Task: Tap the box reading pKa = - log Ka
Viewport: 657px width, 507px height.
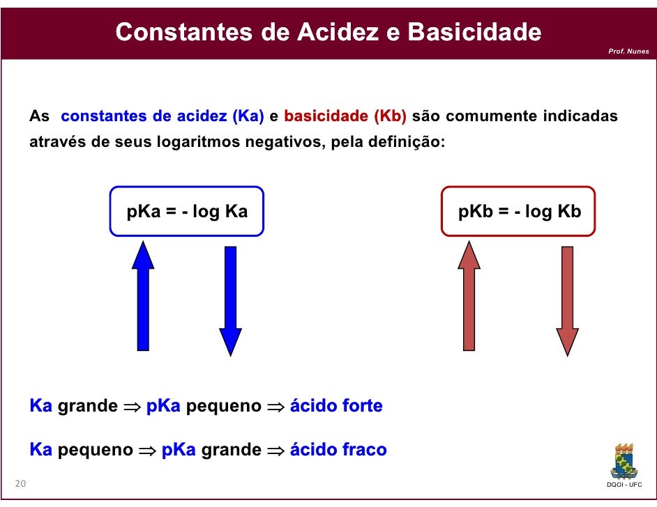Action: click(187, 212)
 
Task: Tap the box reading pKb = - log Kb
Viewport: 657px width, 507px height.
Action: click(519, 212)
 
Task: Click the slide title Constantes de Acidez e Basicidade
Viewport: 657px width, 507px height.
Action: click(328, 31)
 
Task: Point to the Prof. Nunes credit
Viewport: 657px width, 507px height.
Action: click(628, 52)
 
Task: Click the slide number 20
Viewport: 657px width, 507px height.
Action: click(20, 484)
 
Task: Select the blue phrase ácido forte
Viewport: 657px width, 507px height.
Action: click(336, 406)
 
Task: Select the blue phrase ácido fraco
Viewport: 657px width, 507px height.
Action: click(338, 450)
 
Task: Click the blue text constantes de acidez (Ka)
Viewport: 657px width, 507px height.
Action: click(163, 116)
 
